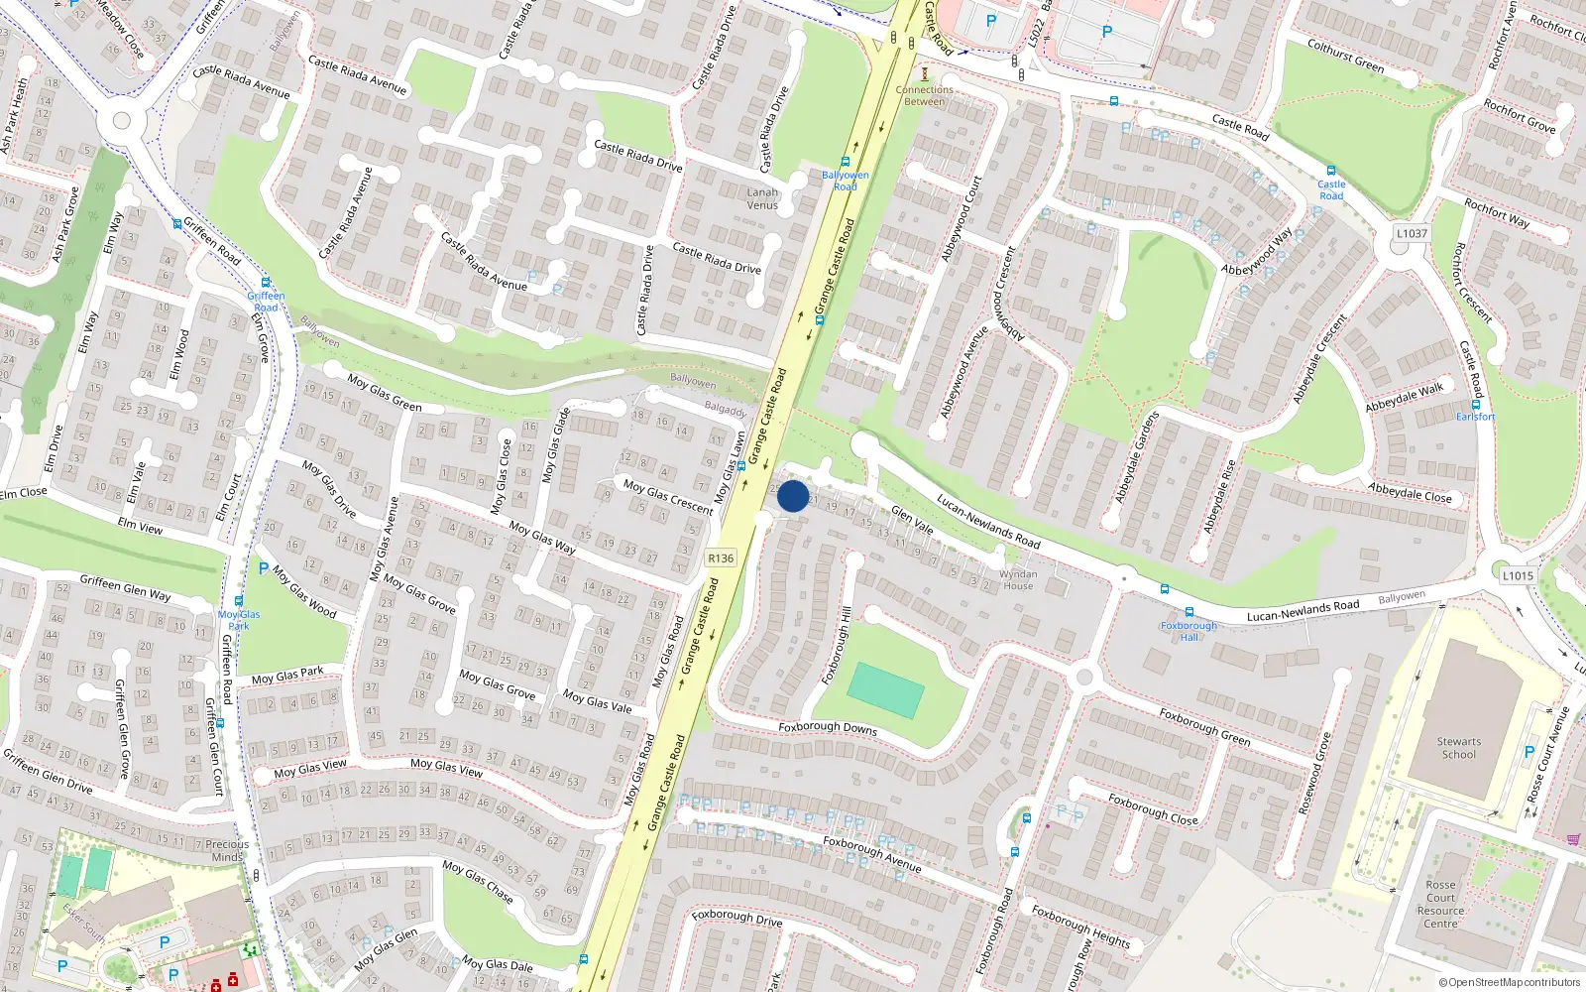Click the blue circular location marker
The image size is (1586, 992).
click(793, 496)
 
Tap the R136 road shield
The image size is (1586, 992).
click(721, 558)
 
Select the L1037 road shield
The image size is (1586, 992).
click(1412, 234)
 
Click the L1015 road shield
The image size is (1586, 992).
click(1518, 575)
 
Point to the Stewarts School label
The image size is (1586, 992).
click(1459, 748)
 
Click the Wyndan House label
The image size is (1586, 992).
click(1018, 580)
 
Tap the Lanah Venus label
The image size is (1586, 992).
click(762, 198)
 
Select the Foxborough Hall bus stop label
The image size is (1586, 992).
click(1189, 631)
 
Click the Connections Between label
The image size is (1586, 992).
click(925, 95)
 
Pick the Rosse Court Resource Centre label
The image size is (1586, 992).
click(1440, 904)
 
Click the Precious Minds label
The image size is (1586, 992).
click(227, 851)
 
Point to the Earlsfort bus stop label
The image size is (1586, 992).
click(1475, 417)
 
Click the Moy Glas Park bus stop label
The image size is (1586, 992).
click(239, 620)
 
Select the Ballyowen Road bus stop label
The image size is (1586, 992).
click(845, 181)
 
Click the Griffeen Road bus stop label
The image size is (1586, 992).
click(266, 302)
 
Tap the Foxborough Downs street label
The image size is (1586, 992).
click(828, 727)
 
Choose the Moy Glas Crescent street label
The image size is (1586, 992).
click(668, 496)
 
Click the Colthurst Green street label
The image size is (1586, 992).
click(1345, 55)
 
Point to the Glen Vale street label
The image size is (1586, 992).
click(912, 520)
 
